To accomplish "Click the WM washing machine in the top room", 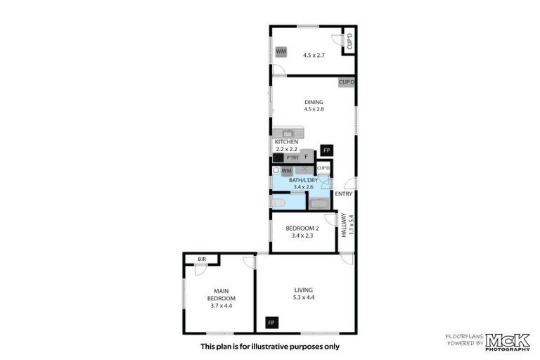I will click(x=281, y=52).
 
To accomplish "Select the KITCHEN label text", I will click(x=286, y=142).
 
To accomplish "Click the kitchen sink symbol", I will click(x=287, y=134).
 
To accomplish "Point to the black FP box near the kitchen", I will click(x=326, y=150).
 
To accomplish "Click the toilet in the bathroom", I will click(x=278, y=203).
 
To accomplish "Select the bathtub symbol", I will click(x=319, y=204).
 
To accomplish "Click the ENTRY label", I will click(x=343, y=194).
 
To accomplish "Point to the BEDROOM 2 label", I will click(x=302, y=228).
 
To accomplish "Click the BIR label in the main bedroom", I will click(x=202, y=259).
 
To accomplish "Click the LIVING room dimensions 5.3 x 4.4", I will click(x=304, y=297).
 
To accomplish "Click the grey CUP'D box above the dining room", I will click(x=346, y=82).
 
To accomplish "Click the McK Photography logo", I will click(x=506, y=341).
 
